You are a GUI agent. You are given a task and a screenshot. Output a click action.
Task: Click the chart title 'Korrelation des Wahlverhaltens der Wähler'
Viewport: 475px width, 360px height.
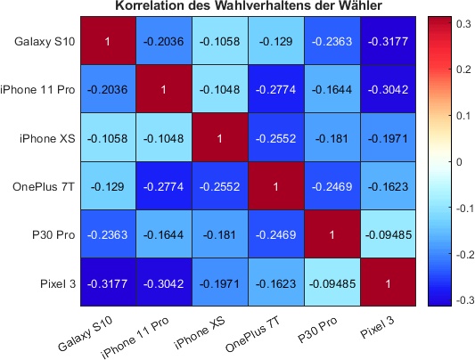[x=248, y=7]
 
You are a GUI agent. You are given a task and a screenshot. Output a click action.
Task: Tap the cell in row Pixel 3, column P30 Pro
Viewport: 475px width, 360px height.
[x=332, y=282]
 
